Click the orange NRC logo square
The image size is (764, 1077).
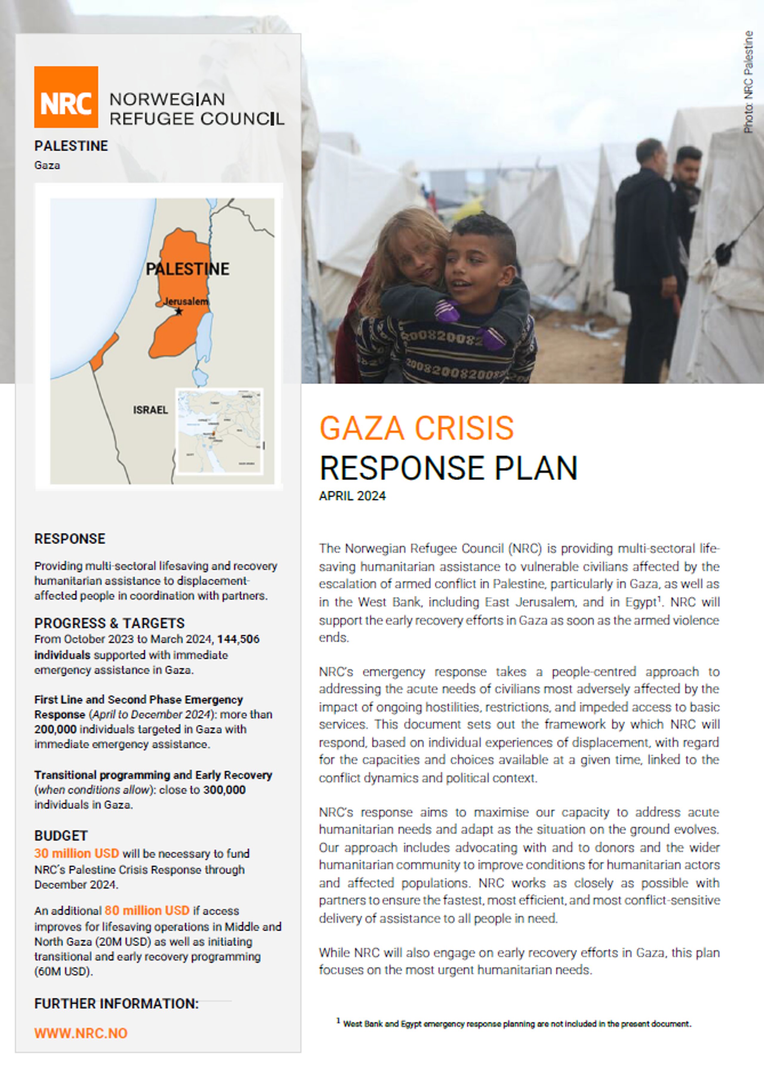(x=66, y=97)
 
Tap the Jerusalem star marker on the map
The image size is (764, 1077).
(x=179, y=311)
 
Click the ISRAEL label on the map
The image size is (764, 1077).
(x=150, y=410)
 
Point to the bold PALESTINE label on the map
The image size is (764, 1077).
(x=187, y=269)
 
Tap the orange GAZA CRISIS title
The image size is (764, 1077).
(x=416, y=428)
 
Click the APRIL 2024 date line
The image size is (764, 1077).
(x=352, y=496)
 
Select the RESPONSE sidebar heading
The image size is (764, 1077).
(x=70, y=539)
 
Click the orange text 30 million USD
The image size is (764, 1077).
(x=76, y=853)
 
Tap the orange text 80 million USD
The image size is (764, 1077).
(x=147, y=910)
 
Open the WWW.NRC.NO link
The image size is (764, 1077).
(x=81, y=1033)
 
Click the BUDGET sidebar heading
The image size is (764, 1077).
(x=61, y=836)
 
